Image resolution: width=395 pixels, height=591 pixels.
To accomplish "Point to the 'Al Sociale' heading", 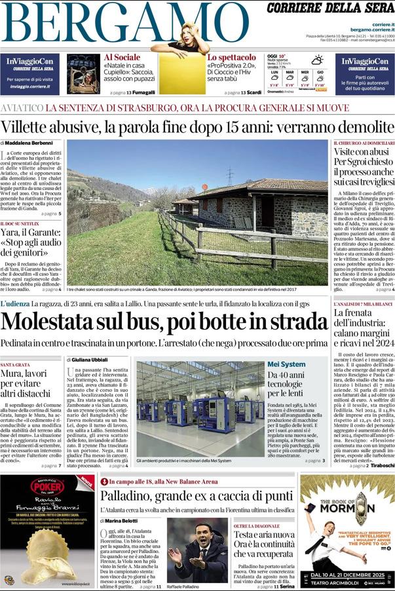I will coord(122,58).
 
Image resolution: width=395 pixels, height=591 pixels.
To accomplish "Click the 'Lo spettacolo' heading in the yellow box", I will coord(227,58).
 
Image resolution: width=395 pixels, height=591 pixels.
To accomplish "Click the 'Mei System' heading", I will coord(286,364).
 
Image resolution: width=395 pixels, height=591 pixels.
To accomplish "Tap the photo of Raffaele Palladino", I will coord(197,550).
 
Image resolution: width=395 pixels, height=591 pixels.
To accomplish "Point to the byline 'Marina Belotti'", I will coord(126,522).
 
